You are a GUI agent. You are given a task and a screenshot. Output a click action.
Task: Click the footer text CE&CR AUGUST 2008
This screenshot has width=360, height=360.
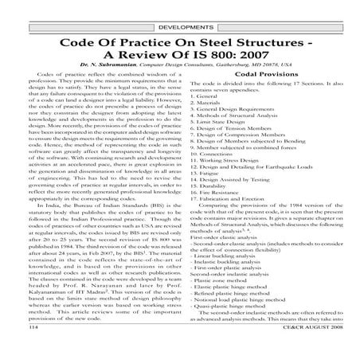319,351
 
